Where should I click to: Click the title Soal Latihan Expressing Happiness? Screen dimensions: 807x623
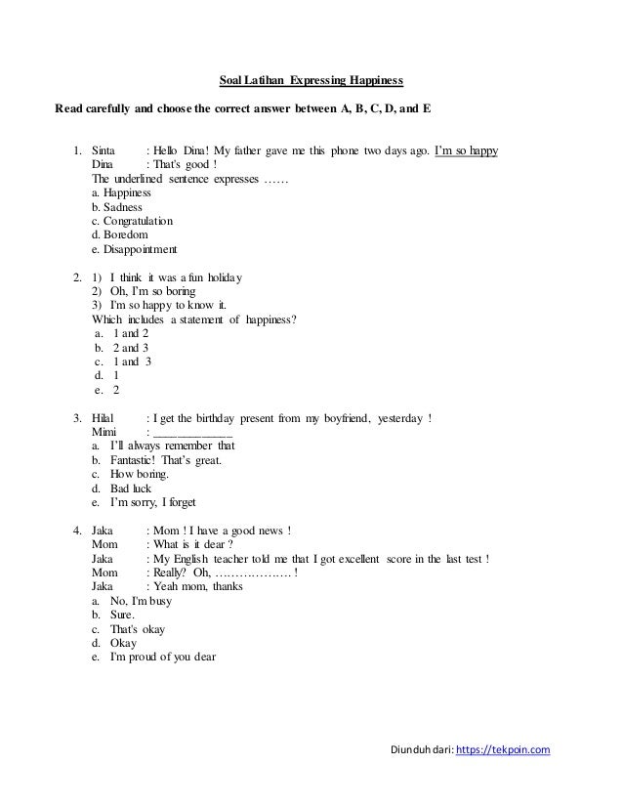point(310,79)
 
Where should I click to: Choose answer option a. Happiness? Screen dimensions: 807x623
point(114,193)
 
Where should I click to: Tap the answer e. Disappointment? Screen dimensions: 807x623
point(128,250)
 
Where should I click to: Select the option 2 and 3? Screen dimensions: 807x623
point(132,347)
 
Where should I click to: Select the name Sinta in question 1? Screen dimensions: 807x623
point(103,151)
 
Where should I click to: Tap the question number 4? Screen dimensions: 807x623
point(77,531)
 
